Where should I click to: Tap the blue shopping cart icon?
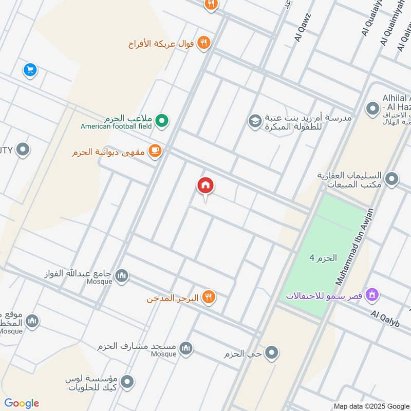[30, 69]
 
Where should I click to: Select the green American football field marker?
[163, 121]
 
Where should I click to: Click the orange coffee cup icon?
[155, 151]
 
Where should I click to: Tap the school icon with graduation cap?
[254, 121]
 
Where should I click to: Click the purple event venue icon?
[373, 295]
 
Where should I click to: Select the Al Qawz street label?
[303, 27]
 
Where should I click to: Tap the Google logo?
[22, 403]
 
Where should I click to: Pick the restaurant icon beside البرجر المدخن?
[208, 297]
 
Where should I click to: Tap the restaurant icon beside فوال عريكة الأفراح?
[204, 43]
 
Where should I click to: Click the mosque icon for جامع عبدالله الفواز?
[122, 276]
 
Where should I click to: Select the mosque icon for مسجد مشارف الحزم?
[186, 348]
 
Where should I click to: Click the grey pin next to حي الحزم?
[272, 353]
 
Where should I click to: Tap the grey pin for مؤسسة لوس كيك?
[127, 382]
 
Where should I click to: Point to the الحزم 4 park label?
[323, 258]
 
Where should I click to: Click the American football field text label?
[116, 126]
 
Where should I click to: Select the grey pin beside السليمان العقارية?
[391, 179]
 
